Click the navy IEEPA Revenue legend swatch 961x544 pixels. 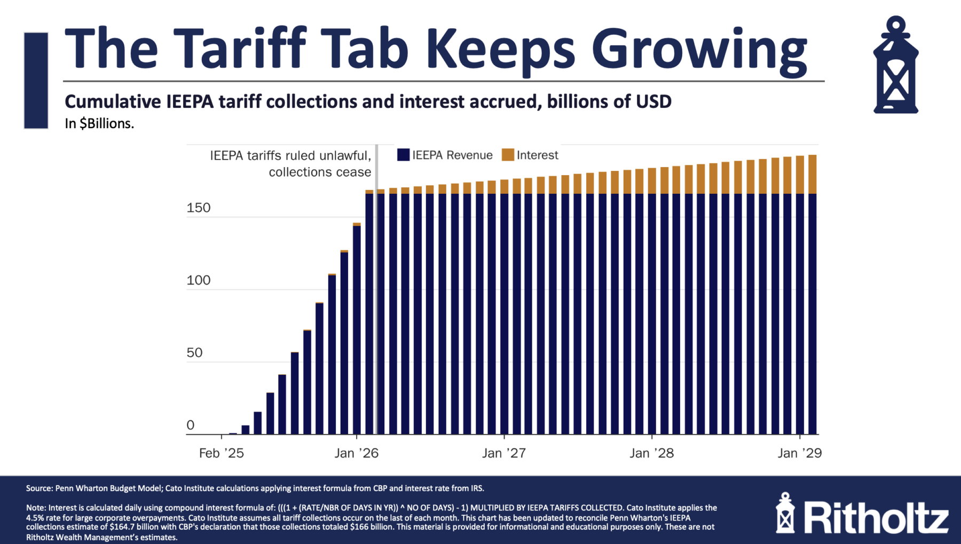[x=403, y=155]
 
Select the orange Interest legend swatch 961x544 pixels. [x=508, y=155]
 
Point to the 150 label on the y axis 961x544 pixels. [x=199, y=208]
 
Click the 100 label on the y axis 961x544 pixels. [x=199, y=280]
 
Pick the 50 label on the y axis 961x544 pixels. [x=195, y=353]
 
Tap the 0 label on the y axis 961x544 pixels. [x=191, y=425]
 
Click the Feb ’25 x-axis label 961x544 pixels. [x=221, y=453]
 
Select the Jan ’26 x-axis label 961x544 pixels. [x=356, y=453]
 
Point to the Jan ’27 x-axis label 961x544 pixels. [x=503, y=453]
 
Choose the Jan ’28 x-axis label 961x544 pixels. [x=651, y=453]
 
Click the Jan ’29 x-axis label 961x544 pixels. [x=799, y=453]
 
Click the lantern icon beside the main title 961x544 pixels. [x=895, y=65]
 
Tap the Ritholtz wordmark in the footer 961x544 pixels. [x=876, y=517]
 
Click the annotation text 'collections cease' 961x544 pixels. [x=320, y=172]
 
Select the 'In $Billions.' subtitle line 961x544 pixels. [x=99, y=123]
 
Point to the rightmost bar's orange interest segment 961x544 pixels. [x=812, y=174]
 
